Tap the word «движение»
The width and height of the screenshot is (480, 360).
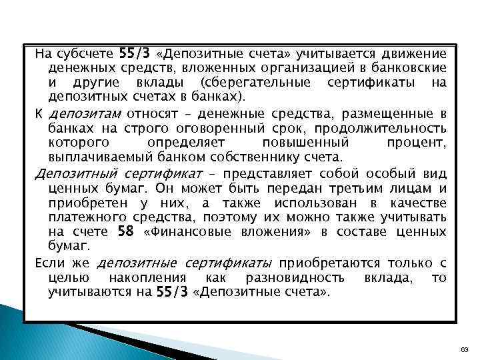click(411, 54)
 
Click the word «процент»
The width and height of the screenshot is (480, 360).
click(417, 143)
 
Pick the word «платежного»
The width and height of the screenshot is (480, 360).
click(82, 217)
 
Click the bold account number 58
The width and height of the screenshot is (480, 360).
click(125, 232)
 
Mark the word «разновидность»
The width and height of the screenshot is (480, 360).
click(303, 277)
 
